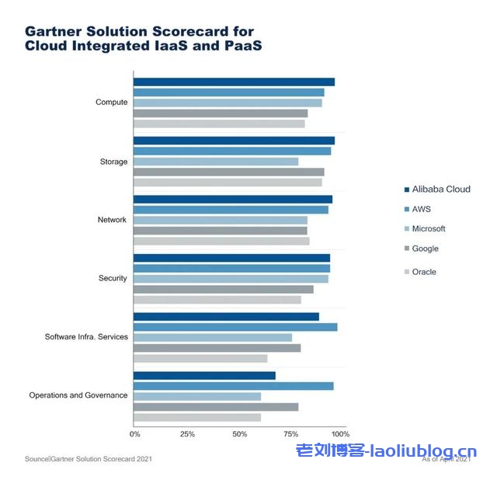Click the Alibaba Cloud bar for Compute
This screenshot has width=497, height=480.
(x=234, y=82)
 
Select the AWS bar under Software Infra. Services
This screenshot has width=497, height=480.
(x=235, y=327)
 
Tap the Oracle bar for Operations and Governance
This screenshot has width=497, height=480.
(x=197, y=417)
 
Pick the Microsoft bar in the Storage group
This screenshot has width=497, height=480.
(x=216, y=162)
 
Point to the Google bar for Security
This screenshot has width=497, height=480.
(x=224, y=289)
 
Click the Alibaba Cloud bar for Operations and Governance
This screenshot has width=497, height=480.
(x=204, y=376)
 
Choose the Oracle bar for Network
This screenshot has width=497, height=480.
(x=221, y=241)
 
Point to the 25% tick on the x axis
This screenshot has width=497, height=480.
(x=186, y=433)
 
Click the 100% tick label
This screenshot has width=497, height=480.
(x=340, y=433)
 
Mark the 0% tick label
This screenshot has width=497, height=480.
(x=135, y=433)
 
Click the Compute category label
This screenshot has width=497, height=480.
(x=111, y=103)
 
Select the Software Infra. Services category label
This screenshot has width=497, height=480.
(x=85, y=337)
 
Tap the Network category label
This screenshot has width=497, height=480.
(x=112, y=220)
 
